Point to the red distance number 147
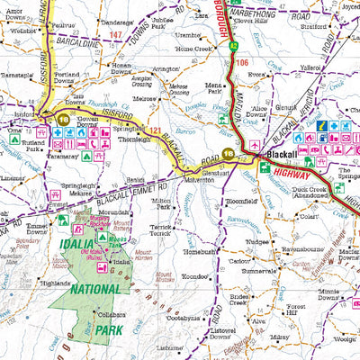click(116, 34)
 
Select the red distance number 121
click(155, 132)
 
